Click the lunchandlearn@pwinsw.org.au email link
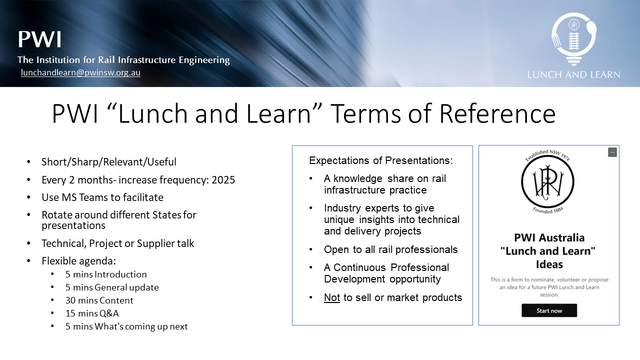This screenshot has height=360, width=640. click(x=80, y=72)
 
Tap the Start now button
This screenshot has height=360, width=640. click(x=549, y=310)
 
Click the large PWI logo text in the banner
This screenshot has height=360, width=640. click(x=39, y=39)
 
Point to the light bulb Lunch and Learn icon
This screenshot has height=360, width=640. click(x=573, y=39)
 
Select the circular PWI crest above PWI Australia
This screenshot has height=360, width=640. click(x=547, y=182)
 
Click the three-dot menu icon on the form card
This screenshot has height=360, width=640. click(x=612, y=152)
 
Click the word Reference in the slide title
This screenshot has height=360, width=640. click(x=497, y=113)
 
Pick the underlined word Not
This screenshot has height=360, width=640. click(x=331, y=297)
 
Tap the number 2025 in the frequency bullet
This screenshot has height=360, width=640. click(x=223, y=179)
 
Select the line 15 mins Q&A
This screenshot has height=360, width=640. click(x=92, y=313)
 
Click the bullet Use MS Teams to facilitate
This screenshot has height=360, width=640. click(x=102, y=197)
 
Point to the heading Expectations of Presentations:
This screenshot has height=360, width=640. click(x=381, y=160)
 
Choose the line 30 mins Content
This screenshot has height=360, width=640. click(x=99, y=300)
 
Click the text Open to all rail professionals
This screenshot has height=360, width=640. click(x=390, y=249)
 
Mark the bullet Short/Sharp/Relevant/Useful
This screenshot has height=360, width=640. click(x=109, y=162)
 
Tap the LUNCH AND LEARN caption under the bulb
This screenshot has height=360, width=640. click(x=573, y=74)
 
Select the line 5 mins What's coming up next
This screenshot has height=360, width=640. click(x=126, y=326)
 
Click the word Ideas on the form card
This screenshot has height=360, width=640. click(x=549, y=264)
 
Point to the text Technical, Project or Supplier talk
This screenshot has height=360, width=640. click(x=117, y=243)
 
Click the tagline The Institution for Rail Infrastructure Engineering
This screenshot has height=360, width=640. click(x=123, y=60)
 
